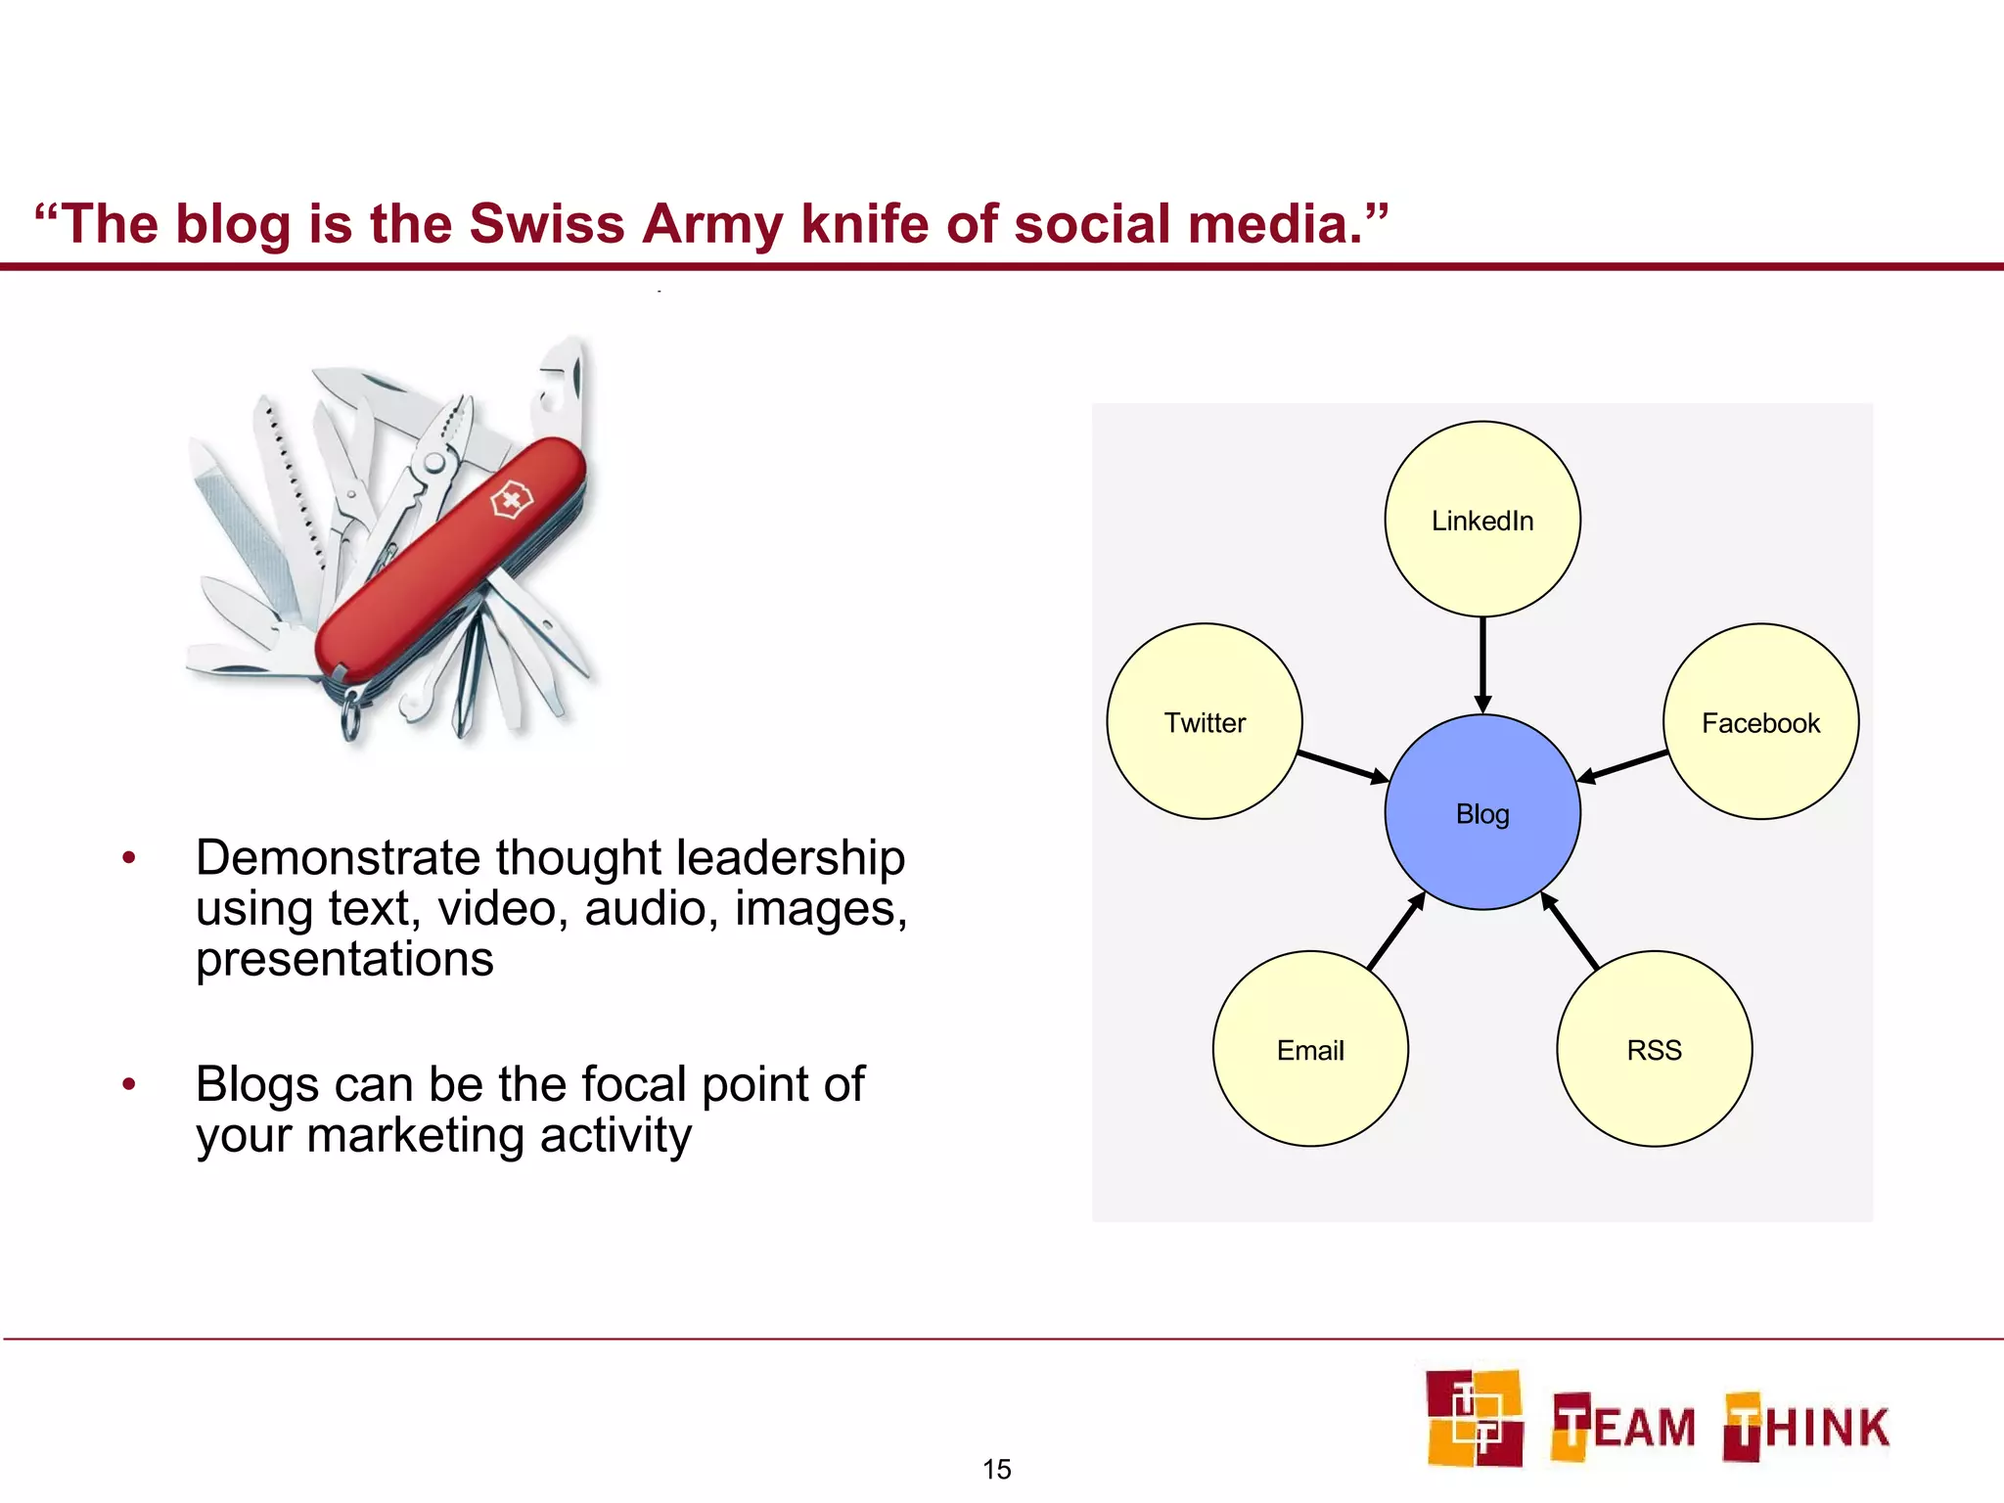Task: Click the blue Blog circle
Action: point(1482,812)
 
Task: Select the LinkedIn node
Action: point(1482,520)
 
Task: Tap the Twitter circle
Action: point(1205,722)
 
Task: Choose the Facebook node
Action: point(1760,722)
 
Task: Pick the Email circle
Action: point(1310,1049)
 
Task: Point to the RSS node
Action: point(1654,1049)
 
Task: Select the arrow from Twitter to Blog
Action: point(1342,766)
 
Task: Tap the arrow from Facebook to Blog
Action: point(1623,766)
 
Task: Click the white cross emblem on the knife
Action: point(510,502)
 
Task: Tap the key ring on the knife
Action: point(351,718)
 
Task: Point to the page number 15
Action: point(996,1469)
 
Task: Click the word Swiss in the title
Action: point(546,224)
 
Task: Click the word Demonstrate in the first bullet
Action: point(339,858)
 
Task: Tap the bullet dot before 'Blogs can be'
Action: point(128,1084)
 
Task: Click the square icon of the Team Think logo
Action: point(1474,1418)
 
